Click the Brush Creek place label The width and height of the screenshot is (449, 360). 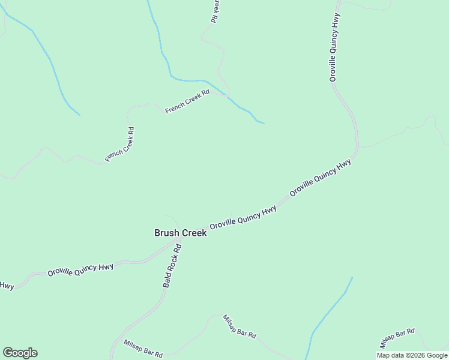click(x=180, y=233)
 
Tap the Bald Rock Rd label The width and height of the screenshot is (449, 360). click(x=172, y=265)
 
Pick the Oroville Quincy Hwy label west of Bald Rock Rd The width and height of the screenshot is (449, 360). click(x=80, y=270)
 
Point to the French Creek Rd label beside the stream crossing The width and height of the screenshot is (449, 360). click(x=187, y=101)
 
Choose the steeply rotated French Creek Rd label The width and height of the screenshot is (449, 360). click(x=119, y=144)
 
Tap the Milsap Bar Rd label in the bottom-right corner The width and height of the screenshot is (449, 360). click(x=397, y=338)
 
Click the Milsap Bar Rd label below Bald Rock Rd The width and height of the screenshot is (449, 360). click(x=143, y=349)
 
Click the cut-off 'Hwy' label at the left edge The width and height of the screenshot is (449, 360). click(x=7, y=286)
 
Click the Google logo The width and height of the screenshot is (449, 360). click(x=20, y=352)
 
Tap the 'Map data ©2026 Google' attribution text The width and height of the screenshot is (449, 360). click(x=412, y=355)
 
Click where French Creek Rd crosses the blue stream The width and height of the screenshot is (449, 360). click(x=226, y=94)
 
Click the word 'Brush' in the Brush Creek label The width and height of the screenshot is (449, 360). click(x=166, y=233)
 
